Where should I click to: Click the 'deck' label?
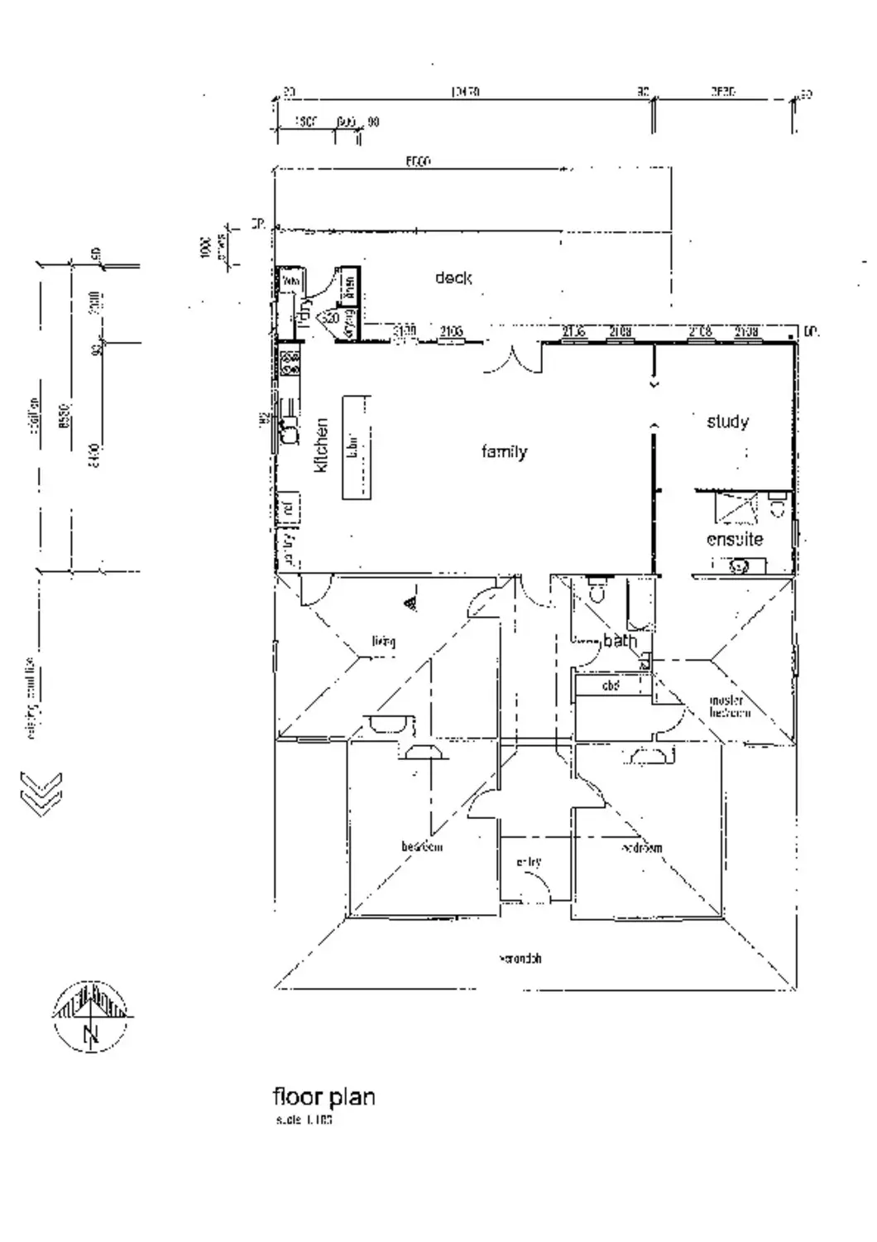(x=453, y=278)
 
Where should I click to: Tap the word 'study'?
(x=727, y=421)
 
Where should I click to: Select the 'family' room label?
(x=504, y=451)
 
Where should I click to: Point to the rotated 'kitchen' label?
(x=321, y=445)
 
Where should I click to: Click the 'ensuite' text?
(x=735, y=539)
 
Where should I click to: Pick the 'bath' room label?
(x=620, y=640)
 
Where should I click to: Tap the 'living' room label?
(x=383, y=641)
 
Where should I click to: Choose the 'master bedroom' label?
(x=729, y=706)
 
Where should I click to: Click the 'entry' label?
(x=529, y=862)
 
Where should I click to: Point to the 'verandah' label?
(x=521, y=959)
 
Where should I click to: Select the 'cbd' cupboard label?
(x=611, y=686)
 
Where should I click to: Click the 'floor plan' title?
(x=323, y=1097)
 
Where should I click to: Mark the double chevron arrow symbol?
(x=41, y=793)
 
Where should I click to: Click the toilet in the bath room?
(x=597, y=590)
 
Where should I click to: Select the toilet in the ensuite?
(x=777, y=504)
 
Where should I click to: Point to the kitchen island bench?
(x=357, y=446)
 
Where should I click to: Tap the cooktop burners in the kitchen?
(x=290, y=363)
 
